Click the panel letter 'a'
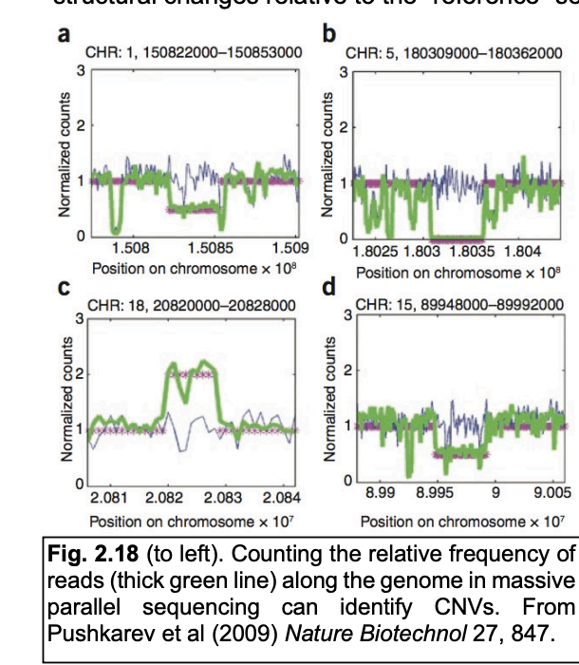point(64,35)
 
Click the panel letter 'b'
point(330,35)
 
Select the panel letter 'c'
point(64,288)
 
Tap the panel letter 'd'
point(330,288)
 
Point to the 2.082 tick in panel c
point(166,498)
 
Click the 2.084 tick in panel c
point(281,498)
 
